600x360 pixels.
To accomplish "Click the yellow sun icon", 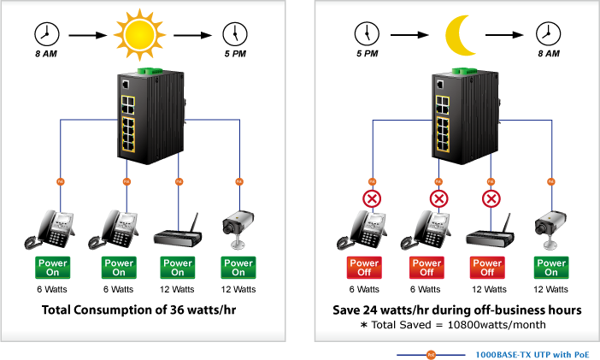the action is point(139,35).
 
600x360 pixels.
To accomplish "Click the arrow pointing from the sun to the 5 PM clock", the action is point(192,35).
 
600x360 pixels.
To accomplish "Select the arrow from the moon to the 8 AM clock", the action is point(504,35).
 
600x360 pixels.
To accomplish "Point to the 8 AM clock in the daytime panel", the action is point(47,34).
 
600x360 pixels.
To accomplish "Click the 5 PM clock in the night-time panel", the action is point(367,34).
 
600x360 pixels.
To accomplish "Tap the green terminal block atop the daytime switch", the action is point(150,71).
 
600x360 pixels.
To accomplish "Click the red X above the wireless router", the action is point(491,198).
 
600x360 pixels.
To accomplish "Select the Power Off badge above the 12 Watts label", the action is point(487,268).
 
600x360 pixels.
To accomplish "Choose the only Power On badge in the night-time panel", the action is point(551,268).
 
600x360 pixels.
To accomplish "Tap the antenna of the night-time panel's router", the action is point(508,222).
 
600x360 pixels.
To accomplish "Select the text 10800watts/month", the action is point(497,325).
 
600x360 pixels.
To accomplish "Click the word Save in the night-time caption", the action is point(346,310).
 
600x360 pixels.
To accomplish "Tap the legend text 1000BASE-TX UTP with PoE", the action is point(532,355).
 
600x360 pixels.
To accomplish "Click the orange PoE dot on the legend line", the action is point(432,355).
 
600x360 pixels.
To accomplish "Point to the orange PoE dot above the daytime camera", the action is point(239,181).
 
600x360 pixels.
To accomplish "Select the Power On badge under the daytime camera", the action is point(238,268).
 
